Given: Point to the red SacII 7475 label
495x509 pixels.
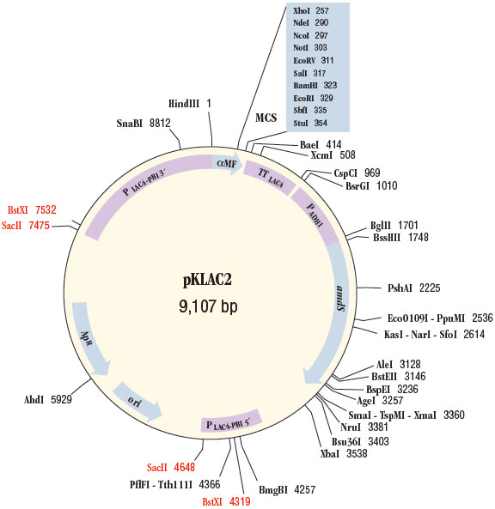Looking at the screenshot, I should tap(32, 225).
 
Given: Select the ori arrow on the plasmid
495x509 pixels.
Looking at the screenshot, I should tap(137, 399).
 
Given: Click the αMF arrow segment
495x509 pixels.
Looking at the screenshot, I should tap(227, 161).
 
